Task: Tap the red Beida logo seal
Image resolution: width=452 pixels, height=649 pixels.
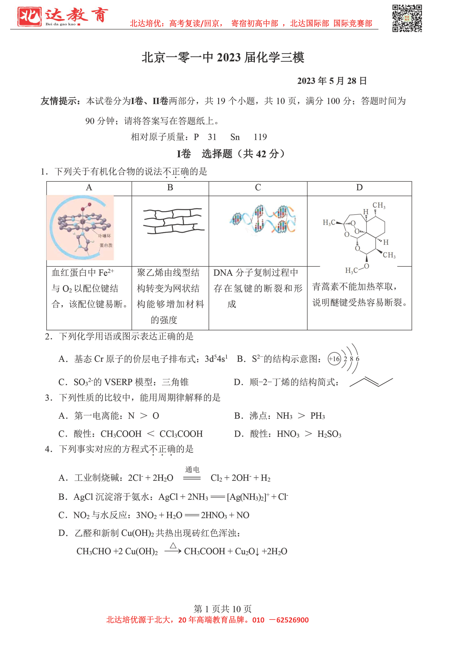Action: coord(29,16)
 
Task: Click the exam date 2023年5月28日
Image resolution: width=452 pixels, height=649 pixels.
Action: coord(332,81)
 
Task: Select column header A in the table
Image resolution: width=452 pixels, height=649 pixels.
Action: coord(89,187)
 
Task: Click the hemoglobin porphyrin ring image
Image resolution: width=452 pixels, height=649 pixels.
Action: coord(80,228)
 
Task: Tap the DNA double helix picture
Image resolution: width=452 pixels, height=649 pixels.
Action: coord(263,219)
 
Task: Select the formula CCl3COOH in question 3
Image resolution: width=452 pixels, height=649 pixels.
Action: coord(181,434)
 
